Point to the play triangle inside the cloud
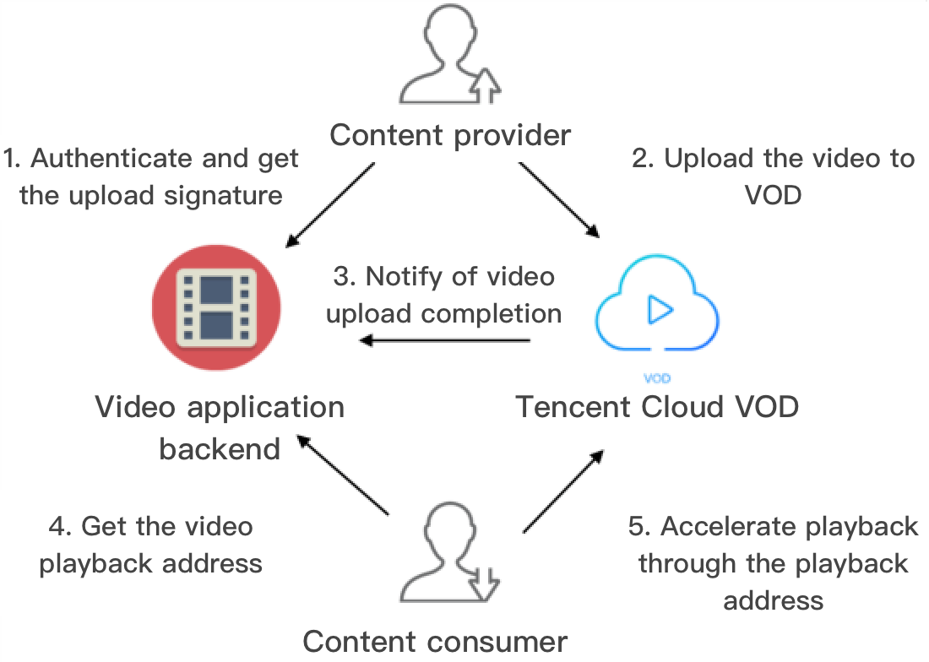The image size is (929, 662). click(660, 312)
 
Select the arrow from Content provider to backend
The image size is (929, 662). click(330, 203)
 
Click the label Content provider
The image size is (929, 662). click(450, 135)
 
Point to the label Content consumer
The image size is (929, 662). click(435, 642)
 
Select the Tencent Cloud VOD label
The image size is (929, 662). click(657, 407)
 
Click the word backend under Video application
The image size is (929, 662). click(220, 448)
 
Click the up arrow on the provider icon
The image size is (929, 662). click(486, 84)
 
